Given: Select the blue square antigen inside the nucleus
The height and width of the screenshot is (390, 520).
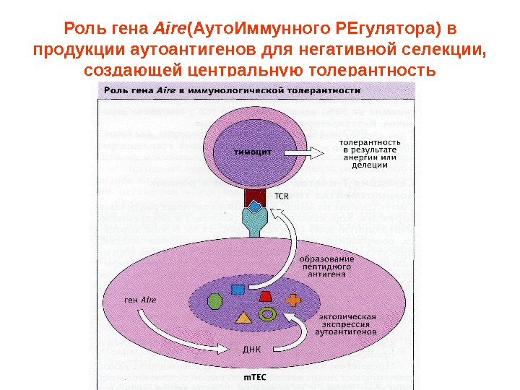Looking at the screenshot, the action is click(x=238, y=290).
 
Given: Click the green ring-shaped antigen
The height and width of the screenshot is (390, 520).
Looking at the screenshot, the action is click(x=268, y=314).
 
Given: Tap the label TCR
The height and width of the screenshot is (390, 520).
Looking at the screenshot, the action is click(x=281, y=196).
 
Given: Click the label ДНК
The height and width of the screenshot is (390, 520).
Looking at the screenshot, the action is click(x=251, y=349).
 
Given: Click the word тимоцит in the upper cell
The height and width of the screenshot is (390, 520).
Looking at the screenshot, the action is click(x=251, y=152).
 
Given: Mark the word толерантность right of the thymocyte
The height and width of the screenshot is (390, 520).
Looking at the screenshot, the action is click(x=365, y=143).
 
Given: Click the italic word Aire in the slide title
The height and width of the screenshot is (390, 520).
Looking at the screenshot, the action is click(x=166, y=30).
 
